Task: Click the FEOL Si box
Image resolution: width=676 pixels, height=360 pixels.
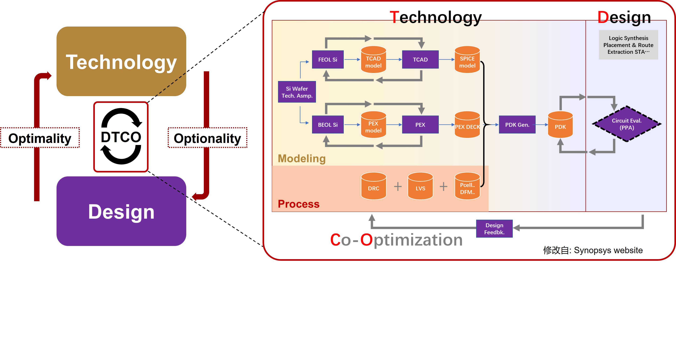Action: (x=328, y=60)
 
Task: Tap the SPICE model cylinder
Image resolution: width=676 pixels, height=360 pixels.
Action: (x=467, y=60)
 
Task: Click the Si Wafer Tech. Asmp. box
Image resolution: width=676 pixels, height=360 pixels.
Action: (x=297, y=92)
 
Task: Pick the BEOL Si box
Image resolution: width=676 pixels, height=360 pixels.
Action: (x=328, y=125)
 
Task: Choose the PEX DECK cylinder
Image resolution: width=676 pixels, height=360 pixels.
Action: (x=467, y=125)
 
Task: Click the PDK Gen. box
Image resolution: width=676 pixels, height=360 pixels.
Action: (x=517, y=125)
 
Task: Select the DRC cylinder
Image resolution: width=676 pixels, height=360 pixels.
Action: (x=373, y=186)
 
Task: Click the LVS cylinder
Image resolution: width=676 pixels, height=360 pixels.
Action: (x=420, y=186)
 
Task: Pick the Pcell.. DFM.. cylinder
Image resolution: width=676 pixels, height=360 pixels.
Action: (x=467, y=186)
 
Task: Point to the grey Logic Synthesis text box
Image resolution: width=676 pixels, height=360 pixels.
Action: (x=628, y=45)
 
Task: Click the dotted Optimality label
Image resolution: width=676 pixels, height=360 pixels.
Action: (x=40, y=138)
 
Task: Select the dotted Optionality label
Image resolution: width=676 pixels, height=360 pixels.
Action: (x=207, y=138)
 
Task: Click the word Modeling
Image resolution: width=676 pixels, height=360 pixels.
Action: (x=301, y=159)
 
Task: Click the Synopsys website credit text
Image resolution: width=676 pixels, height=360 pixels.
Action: (x=593, y=250)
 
